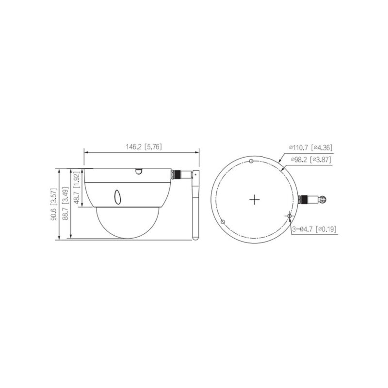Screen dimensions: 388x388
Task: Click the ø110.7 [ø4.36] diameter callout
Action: point(310,147)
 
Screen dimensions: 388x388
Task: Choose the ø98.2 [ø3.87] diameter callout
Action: point(310,158)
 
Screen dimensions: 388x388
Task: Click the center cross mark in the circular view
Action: point(255,199)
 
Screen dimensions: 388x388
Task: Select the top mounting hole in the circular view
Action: point(251,162)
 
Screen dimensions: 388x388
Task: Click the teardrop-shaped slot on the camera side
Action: point(117,196)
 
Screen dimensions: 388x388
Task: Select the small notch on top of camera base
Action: point(138,171)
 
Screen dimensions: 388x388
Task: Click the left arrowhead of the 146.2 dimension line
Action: point(86,152)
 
